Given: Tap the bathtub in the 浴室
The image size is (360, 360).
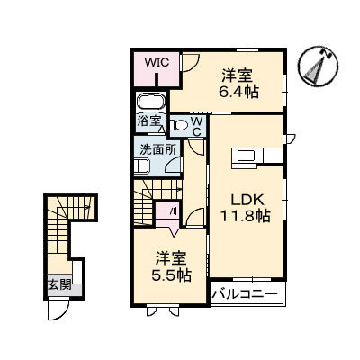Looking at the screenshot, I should (x=151, y=101).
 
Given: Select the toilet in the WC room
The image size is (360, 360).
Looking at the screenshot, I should (x=180, y=125).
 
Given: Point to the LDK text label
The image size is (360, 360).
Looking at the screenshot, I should (x=240, y=201).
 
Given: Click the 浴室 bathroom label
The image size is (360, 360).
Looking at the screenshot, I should (x=148, y=120).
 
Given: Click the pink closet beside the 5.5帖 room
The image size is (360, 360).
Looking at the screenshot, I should (x=166, y=215).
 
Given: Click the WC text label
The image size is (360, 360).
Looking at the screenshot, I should (x=195, y=125).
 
